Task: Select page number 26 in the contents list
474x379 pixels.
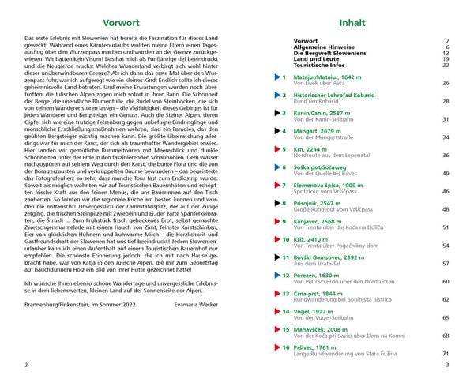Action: pos(446,83)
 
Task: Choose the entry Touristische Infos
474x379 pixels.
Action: pos(319,65)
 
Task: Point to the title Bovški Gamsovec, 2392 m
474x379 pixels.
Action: pos(328,257)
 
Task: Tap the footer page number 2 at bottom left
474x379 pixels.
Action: pos(27,365)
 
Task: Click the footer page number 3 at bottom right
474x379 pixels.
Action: pos(447,365)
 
